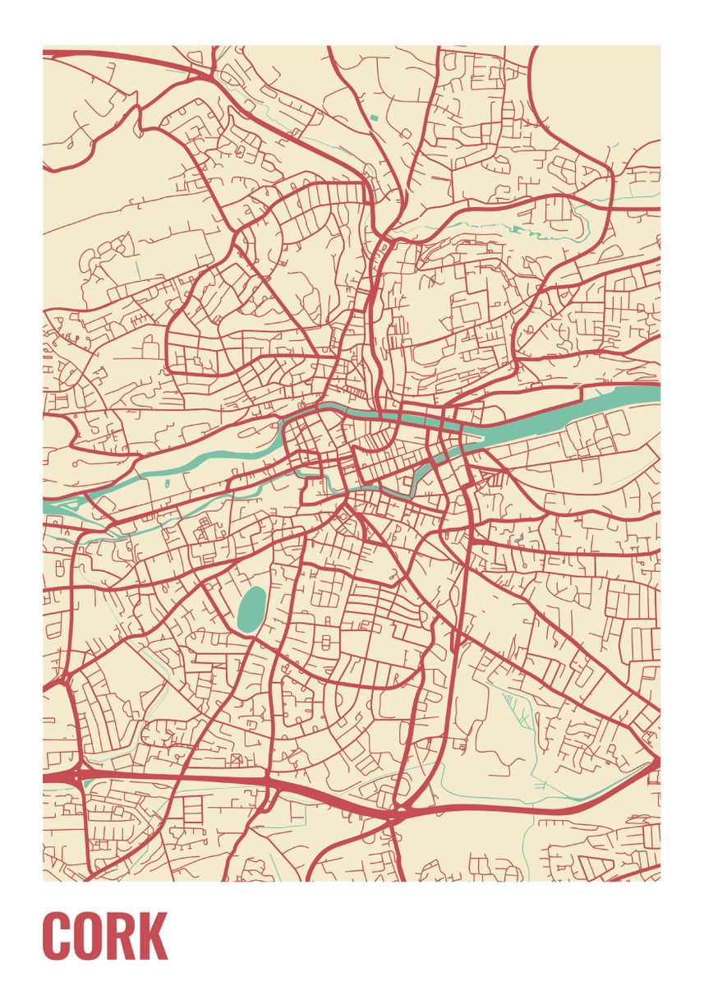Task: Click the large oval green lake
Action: click(x=251, y=610)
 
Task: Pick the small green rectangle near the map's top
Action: click(x=375, y=117)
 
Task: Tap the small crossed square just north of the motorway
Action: click(x=237, y=757)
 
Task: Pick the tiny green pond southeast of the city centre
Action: click(x=519, y=539)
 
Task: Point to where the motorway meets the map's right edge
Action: click(x=657, y=764)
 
